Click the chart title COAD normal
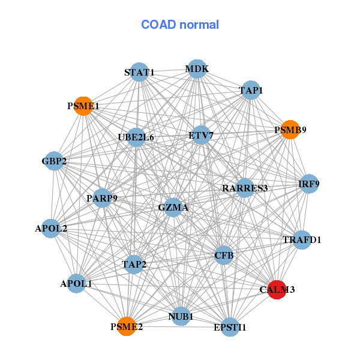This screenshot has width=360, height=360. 180,25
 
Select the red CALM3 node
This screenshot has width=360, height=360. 276,289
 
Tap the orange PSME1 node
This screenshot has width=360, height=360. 83,106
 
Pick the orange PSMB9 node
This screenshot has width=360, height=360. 290,130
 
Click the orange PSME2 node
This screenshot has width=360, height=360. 126,326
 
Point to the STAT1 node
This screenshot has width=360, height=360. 139,72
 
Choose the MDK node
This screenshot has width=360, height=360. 197,69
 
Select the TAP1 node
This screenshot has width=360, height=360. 251,90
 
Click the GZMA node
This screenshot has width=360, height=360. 173,208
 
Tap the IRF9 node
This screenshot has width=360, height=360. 309,184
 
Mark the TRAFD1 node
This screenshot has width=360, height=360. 302,240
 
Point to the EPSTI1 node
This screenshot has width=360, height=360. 230,327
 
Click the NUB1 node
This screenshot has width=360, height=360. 181,316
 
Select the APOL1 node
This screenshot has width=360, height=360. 76,283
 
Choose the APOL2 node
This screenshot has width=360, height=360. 51,228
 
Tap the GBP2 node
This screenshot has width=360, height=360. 54,161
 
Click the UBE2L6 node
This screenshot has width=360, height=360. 136,137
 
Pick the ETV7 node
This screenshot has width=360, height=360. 200,136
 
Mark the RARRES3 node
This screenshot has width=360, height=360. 244,188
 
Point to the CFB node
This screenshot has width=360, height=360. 223,256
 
